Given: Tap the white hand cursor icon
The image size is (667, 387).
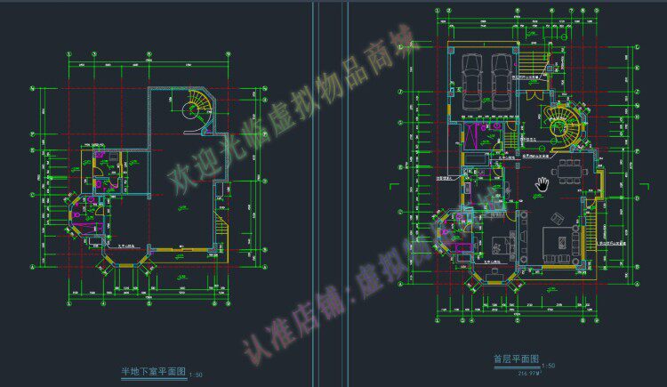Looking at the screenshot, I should point(542,184).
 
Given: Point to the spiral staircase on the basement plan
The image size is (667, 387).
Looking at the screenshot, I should point(190,109).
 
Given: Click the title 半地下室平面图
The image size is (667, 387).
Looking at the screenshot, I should point(154,371).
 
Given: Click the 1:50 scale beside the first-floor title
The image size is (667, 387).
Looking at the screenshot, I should point(549,365).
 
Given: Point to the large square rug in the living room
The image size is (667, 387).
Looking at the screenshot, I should point(559,239).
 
